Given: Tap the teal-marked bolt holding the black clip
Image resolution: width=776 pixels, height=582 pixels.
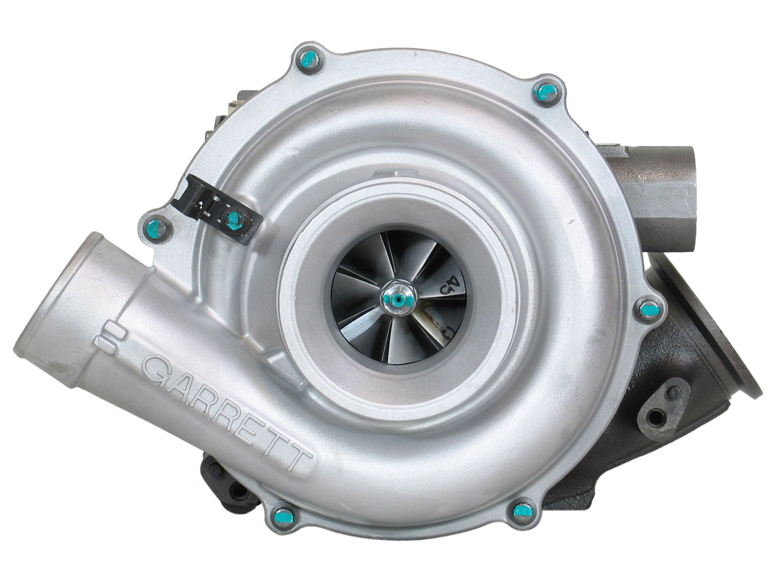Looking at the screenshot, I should tap(233, 217).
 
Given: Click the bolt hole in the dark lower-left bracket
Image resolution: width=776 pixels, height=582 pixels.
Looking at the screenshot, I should tap(236, 475).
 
